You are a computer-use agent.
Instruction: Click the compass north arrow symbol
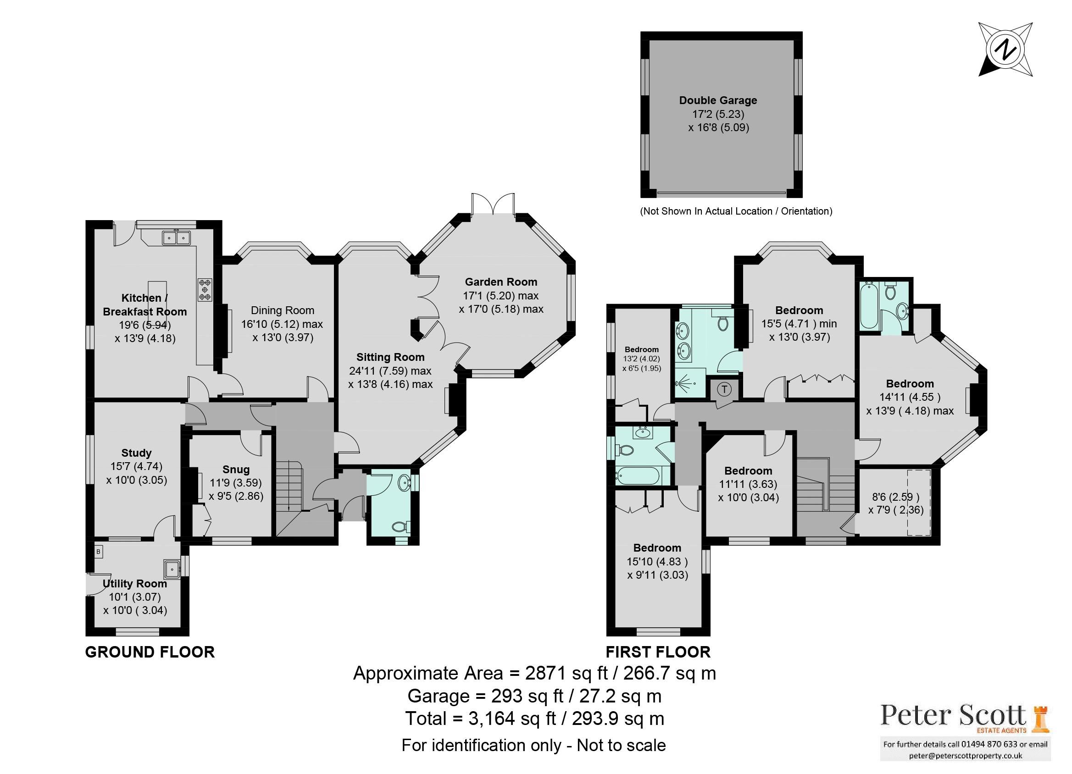coord(1005,49)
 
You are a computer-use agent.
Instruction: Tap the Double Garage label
coord(717,100)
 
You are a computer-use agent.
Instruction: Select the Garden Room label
coord(500,282)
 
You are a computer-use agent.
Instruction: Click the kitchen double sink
coord(176,238)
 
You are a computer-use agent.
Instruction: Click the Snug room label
coord(236,469)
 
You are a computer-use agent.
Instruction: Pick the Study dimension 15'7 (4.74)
coord(136,466)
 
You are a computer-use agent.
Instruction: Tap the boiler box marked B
coord(99,552)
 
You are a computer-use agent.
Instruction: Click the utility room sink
coord(171,569)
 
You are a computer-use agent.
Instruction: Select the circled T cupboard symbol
coord(724,389)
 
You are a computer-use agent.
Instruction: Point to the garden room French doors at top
coord(493,205)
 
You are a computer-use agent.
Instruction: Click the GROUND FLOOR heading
coord(150,652)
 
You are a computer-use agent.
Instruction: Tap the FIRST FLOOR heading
coord(658,652)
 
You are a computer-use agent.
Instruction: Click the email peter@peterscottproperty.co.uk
coord(965,756)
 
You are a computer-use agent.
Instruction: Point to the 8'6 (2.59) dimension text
coord(895,497)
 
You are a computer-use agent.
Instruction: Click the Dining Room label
coord(282,310)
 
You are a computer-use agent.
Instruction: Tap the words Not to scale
coord(621,745)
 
